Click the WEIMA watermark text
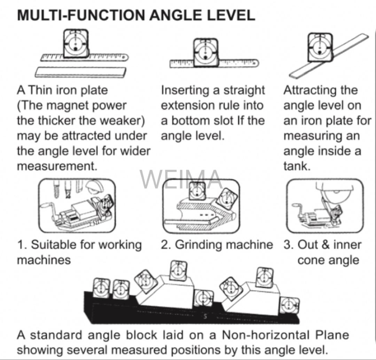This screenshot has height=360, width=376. pos(181,179)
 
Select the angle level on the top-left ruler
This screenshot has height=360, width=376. pos(76,43)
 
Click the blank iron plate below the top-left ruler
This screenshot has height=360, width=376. pos(81,72)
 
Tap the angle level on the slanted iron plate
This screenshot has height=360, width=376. pos(320,46)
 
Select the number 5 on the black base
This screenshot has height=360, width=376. pos(205,317)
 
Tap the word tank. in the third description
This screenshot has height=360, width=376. pos(297,166)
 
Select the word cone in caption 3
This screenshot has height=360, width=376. pos(311,260)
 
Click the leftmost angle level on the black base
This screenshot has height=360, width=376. pos(101,288)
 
